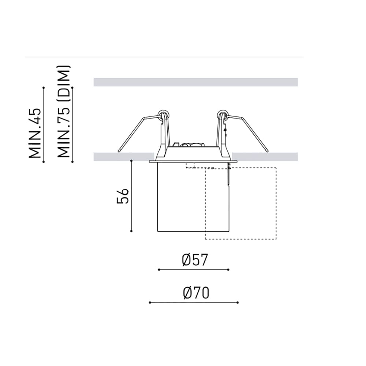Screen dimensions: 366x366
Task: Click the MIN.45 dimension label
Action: coord(35,133)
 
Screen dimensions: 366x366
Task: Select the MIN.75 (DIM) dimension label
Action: coord(63,111)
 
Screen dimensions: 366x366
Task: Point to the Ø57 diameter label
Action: coord(195,260)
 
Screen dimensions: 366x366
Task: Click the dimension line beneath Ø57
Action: coord(194,270)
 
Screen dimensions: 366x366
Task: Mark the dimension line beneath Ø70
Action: coord(194,303)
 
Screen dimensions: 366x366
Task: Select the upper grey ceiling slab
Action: coord(195,82)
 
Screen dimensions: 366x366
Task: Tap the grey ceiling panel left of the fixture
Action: coord(123,157)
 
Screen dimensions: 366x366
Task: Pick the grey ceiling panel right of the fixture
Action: coord(265,157)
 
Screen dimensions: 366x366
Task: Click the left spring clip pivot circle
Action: coord(163,114)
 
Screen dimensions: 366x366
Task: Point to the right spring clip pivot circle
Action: coord(222,114)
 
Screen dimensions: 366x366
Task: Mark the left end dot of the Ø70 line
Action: coord(150,303)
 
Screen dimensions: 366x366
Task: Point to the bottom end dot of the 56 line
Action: coord(131,231)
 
